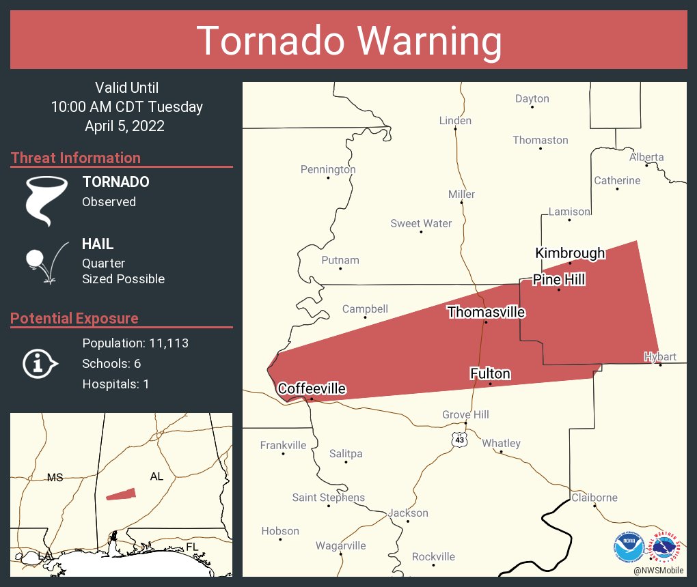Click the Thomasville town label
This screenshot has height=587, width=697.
[x=486, y=312]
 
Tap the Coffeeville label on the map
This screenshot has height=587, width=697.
[x=312, y=389]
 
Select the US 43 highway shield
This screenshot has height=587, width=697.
[x=459, y=440]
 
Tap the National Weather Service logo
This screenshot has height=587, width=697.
[x=664, y=545]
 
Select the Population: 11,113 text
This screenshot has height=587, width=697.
[x=135, y=343]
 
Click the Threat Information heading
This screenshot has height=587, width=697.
[x=76, y=158]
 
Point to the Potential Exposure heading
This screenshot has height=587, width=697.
[x=74, y=318]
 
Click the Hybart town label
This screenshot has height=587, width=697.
[x=659, y=356]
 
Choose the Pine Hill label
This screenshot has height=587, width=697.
[x=559, y=280]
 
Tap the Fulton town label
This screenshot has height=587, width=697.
[x=490, y=373]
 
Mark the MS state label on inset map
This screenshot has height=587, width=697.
[x=55, y=477]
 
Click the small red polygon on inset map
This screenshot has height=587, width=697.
[x=121, y=494]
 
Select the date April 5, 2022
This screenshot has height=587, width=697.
[x=124, y=126]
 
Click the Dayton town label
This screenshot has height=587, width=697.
[x=532, y=98]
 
